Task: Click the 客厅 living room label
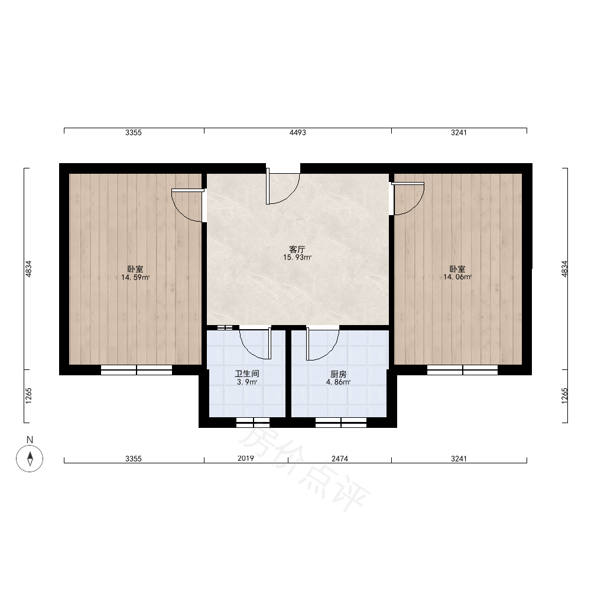point(297,249)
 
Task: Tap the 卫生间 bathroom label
point(247,374)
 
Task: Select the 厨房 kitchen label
point(339,374)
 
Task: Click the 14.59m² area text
point(135,278)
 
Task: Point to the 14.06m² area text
point(457,277)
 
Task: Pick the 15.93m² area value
point(297,258)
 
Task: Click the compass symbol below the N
point(30,459)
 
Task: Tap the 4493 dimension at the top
point(298,132)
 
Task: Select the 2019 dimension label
point(246,459)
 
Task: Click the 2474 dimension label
point(340,459)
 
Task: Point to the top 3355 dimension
point(134,132)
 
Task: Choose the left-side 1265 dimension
point(28,396)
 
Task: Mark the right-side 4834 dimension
point(564,269)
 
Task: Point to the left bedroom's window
point(137,370)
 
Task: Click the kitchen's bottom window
point(341,423)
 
